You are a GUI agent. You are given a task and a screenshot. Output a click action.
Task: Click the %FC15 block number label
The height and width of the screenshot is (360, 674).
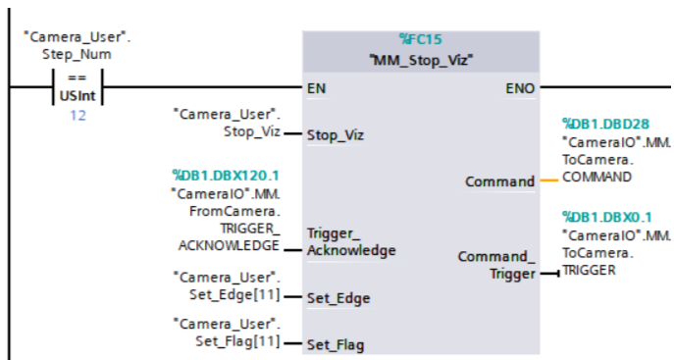click(x=421, y=39)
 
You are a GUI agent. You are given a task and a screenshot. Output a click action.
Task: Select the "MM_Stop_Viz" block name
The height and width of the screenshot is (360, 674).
click(x=421, y=59)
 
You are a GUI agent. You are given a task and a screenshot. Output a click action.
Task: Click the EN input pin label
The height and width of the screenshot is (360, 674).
click(x=316, y=88)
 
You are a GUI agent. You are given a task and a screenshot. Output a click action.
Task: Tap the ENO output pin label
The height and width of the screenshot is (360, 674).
click(x=520, y=88)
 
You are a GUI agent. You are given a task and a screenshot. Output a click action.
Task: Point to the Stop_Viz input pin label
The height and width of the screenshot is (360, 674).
click(x=335, y=134)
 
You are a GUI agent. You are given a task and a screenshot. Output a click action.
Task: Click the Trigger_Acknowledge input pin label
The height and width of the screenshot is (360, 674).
click(x=351, y=242)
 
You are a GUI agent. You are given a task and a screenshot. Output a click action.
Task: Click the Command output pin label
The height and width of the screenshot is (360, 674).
click(x=499, y=181)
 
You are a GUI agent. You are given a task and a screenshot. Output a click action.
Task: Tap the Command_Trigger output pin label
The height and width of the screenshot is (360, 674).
click(x=496, y=265)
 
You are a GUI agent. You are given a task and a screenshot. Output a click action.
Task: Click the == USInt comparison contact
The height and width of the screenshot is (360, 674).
click(x=76, y=87)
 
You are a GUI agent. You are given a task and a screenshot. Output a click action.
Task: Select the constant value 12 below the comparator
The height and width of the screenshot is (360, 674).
click(x=78, y=116)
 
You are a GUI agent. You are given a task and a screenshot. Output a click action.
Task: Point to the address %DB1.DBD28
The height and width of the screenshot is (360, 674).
click(x=605, y=124)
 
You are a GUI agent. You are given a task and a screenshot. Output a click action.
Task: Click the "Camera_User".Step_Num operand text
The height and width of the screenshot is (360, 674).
click(x=77, y=45)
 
